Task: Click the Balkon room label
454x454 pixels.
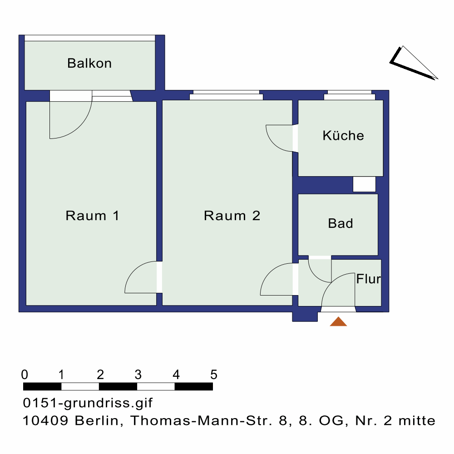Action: pyautogui.click(x=89, y=63)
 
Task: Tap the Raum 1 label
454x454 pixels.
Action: pyautogui.click(x=92, y=215)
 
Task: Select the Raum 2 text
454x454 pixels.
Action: pyautogui.click(x=232, y=215)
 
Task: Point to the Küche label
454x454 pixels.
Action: pyautogui.click(x=343, y=135)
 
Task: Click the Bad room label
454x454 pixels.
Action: pyautogui.click(x=340, y=223)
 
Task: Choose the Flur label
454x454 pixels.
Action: pyautogui.click(x=368, y=279)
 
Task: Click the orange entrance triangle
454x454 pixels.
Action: pyautogui.click(x=338, y=321)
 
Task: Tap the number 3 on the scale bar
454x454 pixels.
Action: pyautogui.click(x=138, y=375)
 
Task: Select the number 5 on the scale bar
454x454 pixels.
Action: pyautogui.click(x=214, y=375)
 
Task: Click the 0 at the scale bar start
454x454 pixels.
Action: pyautogui.click(x=25, y=375)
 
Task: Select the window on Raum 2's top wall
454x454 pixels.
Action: pyautogui.click(x=226, y=95)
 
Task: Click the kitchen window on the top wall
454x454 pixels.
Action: pyautogui.click(x=350, y=95)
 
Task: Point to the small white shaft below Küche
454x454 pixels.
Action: pyautogui.click(x=364, y=184)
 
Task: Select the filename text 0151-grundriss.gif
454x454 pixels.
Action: pyautogui.click(x=88, y=403)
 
